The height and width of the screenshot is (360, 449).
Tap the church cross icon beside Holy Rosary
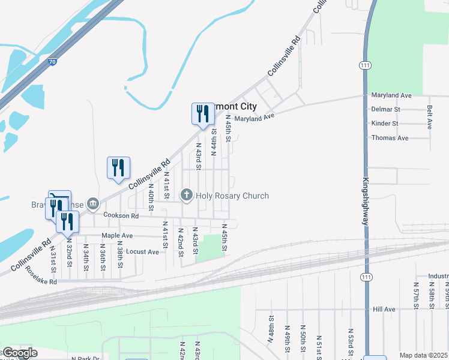pyautogui.click(x=187, y=195)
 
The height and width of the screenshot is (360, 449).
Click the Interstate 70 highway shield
pyautogui.click(x=53, y=61)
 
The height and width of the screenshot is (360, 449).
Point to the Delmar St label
pyautogui.click(x=385, y=109)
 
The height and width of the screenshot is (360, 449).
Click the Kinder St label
pyautogui.click(x=385, y=124)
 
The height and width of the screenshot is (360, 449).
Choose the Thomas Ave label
pyautogui.click(x=390, y=138)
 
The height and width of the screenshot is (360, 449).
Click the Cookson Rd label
pyautogui.click(x=121, y=215)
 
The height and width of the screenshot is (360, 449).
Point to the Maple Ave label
pyautogui.click(x=117, y=235)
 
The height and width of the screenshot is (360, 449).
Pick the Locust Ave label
pyautogui.click(x=142, y=251)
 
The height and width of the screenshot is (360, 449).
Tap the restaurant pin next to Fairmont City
pyautogui.click(x=203, y=114)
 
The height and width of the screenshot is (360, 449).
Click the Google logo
pyautogui.click(x=19, y=353)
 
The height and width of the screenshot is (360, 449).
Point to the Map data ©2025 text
pyautogui.click(x=423, y=355)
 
